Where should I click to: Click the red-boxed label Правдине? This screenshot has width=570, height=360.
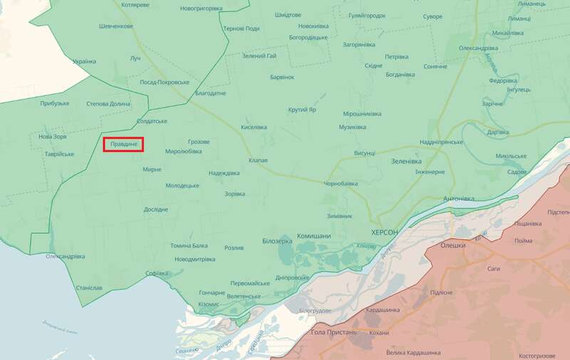pyautogui.click(x=124, y=145)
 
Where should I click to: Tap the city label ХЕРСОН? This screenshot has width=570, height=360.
pyautogui.click(x=390, y=233)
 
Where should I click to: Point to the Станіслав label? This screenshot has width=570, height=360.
pyautogui.click(x=89, y=288)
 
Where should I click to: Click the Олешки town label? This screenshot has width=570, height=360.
pyautogui.click(x=453, y=245)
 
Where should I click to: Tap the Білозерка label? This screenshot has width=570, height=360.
pyautogui.click(x=277, y=241)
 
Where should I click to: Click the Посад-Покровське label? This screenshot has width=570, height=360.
pyautogui.click(x=164, y=82)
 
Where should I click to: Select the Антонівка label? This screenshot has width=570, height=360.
pyautogui.click(x=458, y=198)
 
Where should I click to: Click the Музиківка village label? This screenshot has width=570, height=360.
pyautogui.click(x=352, y=127)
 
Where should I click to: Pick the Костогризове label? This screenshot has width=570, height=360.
pyautogui.click(x=542, y=354)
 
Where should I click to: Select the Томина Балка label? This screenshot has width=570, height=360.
pyautogui.click(x=189, y=246)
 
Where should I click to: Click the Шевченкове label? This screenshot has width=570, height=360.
pyautogui.click(x=115, y=26)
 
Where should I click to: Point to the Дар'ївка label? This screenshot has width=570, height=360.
pyautogui.click(x=497, y=132)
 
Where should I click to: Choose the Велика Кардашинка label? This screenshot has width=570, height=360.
pyautogui.click(x=413, y=352)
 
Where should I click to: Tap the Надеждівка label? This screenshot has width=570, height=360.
pyautogui.click(x=224, y=173)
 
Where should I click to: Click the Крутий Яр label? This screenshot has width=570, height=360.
pyautogui.click(x=303, y=109)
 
